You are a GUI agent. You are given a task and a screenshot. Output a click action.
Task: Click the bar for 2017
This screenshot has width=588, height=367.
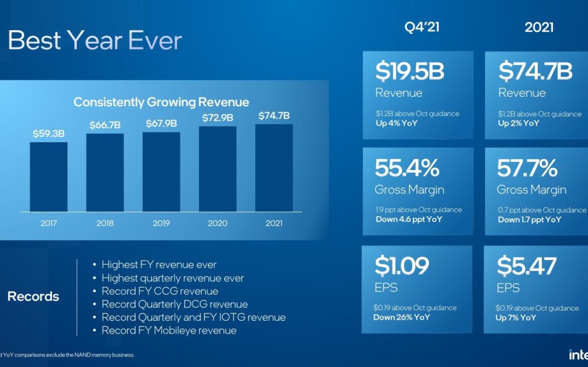tap(48, 176)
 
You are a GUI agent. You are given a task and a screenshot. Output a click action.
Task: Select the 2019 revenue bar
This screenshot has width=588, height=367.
tap(161, 171)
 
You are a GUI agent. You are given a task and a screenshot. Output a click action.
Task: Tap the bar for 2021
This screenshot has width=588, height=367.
tap(274, 167)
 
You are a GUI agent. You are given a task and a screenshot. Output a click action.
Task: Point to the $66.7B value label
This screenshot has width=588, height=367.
tap(105, 125)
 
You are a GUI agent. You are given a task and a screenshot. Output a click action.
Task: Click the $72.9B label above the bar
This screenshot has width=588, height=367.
tap(218, 118)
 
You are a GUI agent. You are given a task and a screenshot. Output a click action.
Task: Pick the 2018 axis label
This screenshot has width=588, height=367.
tap(105, 223)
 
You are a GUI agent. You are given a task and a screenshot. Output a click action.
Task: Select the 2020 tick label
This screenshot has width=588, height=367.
tap(218, 223)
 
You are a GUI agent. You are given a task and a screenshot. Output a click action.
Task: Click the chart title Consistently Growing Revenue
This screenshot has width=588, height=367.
tap(161, 102)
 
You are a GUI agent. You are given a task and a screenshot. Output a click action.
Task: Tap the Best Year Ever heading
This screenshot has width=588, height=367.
tap(95, 40)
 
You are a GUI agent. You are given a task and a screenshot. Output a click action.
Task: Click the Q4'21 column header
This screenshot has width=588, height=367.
tap(422, 27)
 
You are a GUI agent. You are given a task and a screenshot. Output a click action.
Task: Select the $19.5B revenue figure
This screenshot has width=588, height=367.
tap(410, 72)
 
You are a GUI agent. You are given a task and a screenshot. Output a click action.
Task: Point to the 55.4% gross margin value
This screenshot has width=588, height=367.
tap(407, 168)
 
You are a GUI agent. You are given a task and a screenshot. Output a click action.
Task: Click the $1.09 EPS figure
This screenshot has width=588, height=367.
tap(402, 266)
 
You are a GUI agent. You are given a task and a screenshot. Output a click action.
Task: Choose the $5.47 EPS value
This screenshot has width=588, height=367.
tap(527, 266)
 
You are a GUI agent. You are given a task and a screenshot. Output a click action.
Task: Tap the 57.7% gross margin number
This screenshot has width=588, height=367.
tap(527, 168)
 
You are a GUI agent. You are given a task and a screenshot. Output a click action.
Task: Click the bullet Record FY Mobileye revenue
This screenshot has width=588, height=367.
tap(169, 330)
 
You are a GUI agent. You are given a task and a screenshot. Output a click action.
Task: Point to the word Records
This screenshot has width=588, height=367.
tap(33, 297)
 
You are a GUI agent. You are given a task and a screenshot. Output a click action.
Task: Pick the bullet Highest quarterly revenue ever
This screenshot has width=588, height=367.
tap(172, 278)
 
